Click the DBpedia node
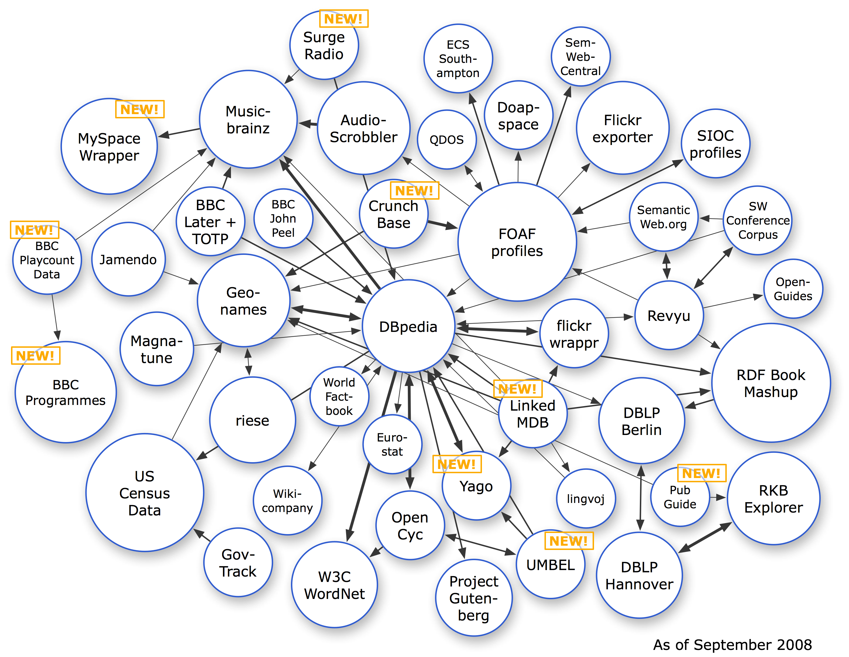[408, 326]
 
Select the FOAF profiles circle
[517, 242]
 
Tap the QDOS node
[447, 139]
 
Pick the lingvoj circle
[586, 498]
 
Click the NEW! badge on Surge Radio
[344, 19]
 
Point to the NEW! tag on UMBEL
[569, 541]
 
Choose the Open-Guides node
[793, 289]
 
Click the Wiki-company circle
[287, 500]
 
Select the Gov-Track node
[238, 562]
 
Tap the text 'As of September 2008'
[732, 645]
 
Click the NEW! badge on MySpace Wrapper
[140, 109]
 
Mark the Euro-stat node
[392, 444]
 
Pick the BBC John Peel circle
[283, 218]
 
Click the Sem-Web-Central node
[580, 56]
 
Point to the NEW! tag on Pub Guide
[701, 473]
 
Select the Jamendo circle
[128, 259]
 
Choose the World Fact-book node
[339, 396]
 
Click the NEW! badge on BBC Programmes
[35, 355]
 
